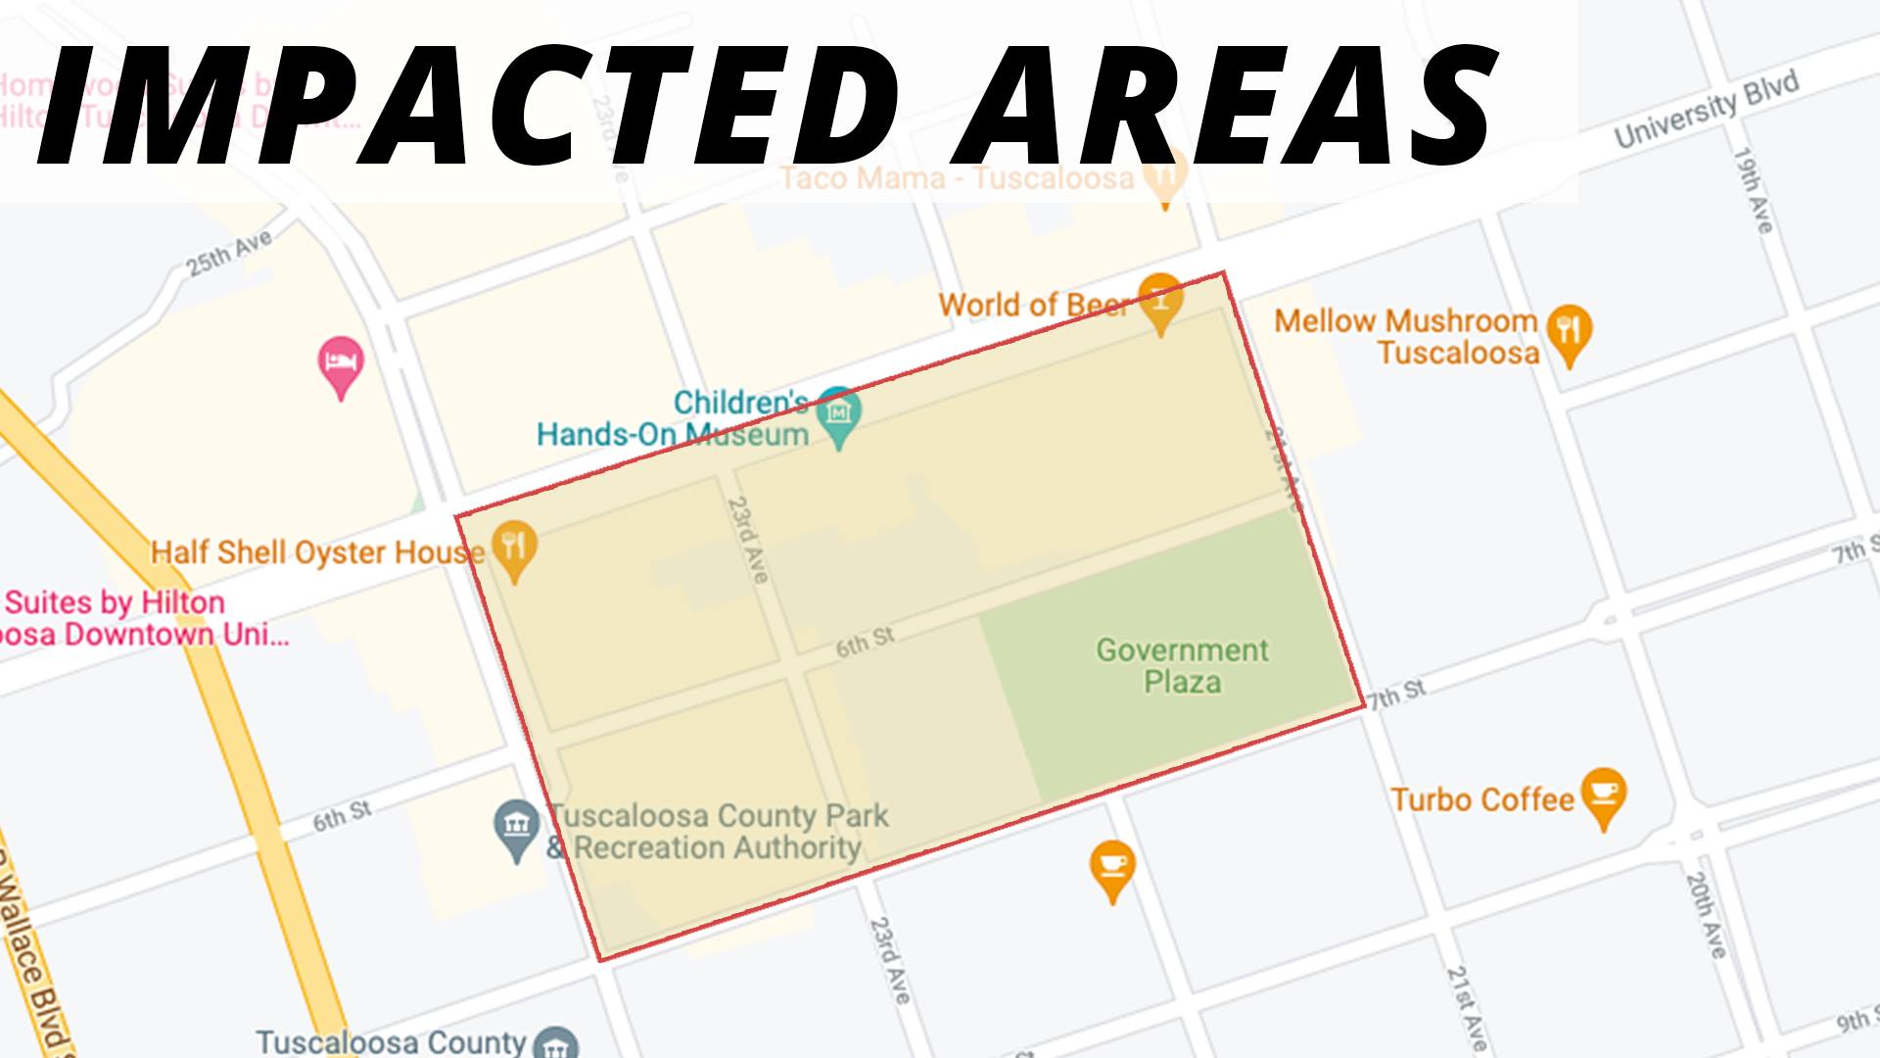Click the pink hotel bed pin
pos(341,365)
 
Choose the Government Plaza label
pos(1182,665)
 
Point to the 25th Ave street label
pos(229,253)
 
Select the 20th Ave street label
pos(1706,914)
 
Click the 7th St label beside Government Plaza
pos(1397,694)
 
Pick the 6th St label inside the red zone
pos(865,643)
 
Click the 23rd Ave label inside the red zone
pos(747,540)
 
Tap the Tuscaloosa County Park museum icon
pos(516,829)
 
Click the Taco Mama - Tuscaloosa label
pos(958,178)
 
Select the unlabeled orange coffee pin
pos(1112,868)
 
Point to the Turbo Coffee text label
pos(1482,799)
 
